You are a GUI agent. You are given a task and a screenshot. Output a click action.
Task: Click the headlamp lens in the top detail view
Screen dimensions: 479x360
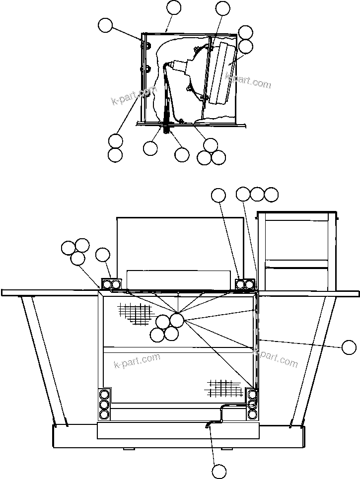coord(221,73)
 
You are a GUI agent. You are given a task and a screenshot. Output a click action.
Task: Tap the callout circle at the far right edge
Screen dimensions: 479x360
coord(350,347)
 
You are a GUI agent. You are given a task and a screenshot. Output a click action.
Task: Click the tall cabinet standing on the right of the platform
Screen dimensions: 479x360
coord(296,251)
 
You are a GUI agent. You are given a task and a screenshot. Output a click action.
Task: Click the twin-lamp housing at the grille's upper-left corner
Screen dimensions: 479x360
coord(111,284)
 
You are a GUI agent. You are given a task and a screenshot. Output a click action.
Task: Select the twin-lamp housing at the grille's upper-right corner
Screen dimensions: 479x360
coord(244,284)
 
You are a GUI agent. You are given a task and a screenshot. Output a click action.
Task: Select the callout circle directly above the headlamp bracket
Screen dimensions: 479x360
coord(223,8)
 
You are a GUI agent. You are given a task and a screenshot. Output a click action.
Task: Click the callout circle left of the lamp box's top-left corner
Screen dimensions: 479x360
coord(105,25)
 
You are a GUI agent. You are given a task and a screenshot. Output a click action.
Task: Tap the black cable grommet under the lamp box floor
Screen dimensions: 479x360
coord(166,130)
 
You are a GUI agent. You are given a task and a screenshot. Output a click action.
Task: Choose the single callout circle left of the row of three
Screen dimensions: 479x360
coord(218,196)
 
